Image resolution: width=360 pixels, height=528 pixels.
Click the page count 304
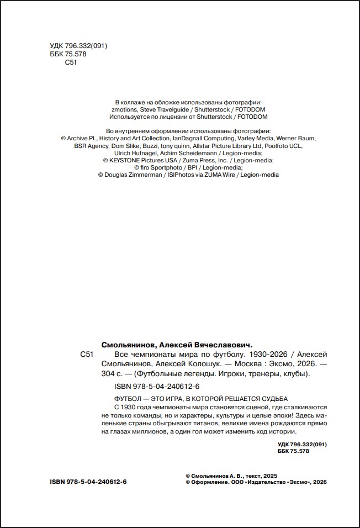pyautogui.click(x=108, y=374)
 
